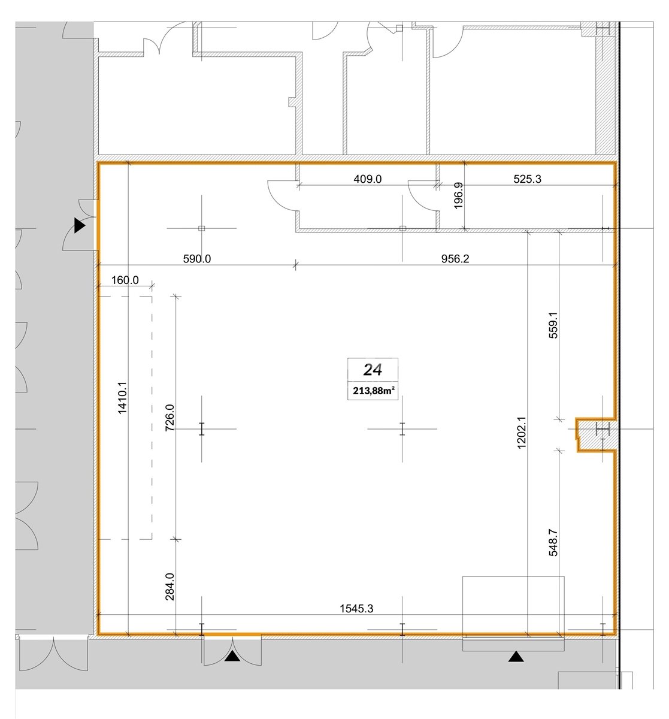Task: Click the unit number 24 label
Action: (x=373, y=370)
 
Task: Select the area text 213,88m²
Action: (x=373, y=391)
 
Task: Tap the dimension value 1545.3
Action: (x=356, y=609)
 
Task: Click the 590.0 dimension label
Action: (x=197, y=258)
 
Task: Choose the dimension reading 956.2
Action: (x=455, y=258)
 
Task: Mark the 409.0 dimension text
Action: (x=368, y=179)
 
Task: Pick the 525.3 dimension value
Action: (x=527, y=179)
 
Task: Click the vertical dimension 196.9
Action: (x=458, y=195)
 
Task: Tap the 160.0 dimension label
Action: (x=125, y=280)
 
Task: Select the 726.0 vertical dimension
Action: (x=169, y=418)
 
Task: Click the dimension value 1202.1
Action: (x=522, y=433)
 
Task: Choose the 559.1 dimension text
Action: (x=553, y=325)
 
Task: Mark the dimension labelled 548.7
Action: (x=553, y=542)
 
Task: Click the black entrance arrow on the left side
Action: (x=79, y=225)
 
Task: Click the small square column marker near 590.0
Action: (x=202, y=228)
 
